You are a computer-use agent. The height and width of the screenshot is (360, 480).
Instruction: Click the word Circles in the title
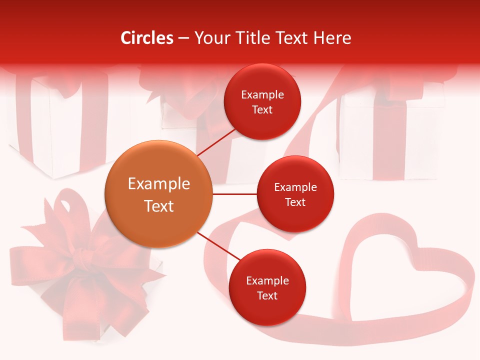point(147,38)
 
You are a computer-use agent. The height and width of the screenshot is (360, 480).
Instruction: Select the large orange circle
point(158,194)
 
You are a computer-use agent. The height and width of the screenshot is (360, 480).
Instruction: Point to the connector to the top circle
point(216,142)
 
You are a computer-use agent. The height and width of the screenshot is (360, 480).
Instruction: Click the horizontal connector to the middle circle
point(234,194)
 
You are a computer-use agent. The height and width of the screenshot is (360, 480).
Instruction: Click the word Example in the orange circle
point(158,184)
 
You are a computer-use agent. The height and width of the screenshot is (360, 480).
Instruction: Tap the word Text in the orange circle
point(158,206)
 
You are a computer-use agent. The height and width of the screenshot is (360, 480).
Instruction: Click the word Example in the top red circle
point(262,95)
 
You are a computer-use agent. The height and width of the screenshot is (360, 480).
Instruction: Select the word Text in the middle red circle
point(295,202)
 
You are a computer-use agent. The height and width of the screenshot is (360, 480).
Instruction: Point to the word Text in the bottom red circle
point(267,296)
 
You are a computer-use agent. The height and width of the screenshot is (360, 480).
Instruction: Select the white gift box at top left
point(55,125)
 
